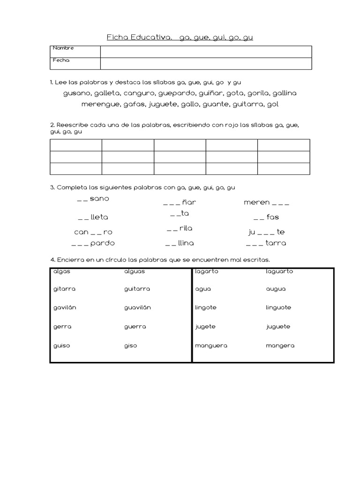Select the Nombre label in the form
tap(63, 48)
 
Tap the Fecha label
tap(61, 60)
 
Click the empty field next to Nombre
tap(206, 52)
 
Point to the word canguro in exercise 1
tap(140, 93)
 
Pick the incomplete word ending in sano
tap(93, 199)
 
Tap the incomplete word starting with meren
tap(266, 202)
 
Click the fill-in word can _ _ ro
tap(93, 232)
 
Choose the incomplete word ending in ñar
tap(180, 202)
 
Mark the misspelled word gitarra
tap(64, 289)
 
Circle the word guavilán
tap(137, 308)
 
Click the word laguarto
tap(279, 271)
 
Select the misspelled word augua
tap(276, 289)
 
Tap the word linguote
tap(278, 308)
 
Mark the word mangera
tap(280, 346)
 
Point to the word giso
tap(131, 346)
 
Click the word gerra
tap(62, 327)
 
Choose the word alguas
tap(135, 271)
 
